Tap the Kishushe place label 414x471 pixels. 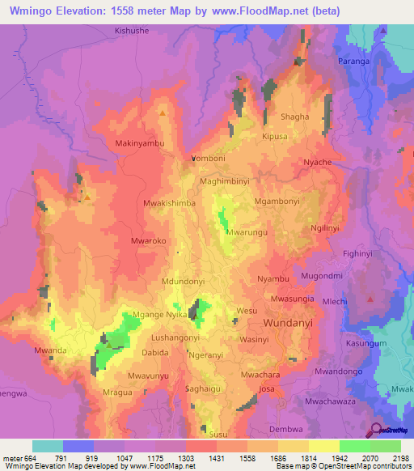(133, 30)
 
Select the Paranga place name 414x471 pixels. (353, 61)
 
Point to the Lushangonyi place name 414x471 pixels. (176, 333)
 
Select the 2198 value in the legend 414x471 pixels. (401, 458)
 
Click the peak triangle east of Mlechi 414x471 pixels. (370, 299)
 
